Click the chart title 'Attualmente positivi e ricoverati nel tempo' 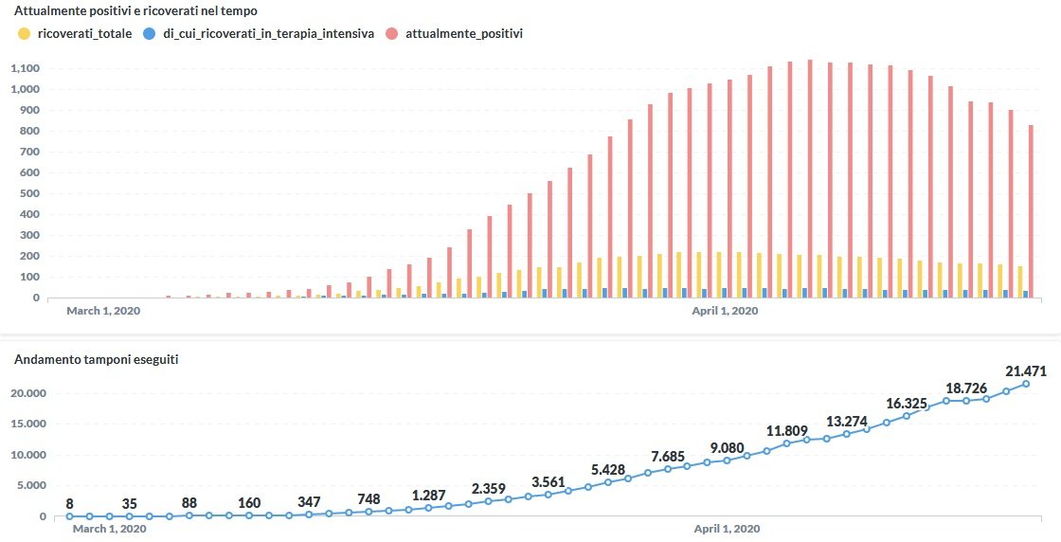[x=136, y=11]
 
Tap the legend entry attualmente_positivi [x=463, y=33]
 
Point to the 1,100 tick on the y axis [x=25, y=69]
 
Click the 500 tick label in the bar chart [x=30, y=194]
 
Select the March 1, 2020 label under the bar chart [x=103, y=311]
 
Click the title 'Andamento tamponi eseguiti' [x=97, y=360]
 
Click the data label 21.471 [x=1026, y=371]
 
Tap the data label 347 [x=309, y=501]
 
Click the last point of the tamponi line [x=1026, y=384]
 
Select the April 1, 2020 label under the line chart [x=727, y=529]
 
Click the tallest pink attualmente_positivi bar [x=810, y=179]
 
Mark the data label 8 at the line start [x=70, y=504]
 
